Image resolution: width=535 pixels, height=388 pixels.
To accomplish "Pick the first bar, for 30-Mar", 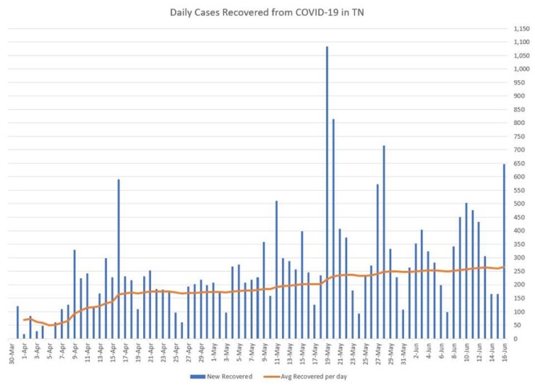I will tap(17, 322).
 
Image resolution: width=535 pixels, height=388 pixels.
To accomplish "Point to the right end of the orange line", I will tap(504, 267).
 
